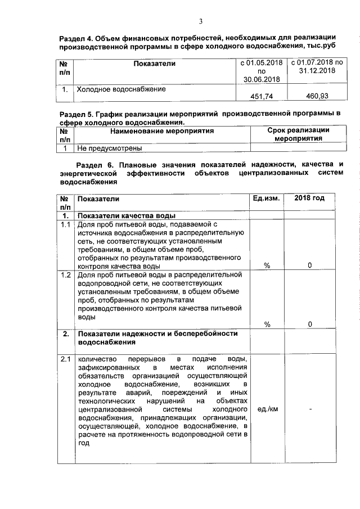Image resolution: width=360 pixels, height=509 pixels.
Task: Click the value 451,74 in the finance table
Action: click(262, 97)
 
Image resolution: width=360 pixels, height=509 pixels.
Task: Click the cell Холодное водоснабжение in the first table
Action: click(121, 89)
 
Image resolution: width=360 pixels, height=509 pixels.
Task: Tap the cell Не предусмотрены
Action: click(109, 148)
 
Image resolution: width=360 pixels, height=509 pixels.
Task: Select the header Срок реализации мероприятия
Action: click(298, 134)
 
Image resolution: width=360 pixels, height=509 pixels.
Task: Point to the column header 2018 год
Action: click(309, 199)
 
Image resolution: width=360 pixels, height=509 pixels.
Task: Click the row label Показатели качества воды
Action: click(127, 216)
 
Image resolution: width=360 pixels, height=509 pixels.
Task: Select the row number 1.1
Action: click(66, 225)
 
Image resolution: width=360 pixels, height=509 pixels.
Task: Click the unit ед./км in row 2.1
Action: click(267, 409)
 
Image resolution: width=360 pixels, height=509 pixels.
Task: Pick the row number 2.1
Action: click(66, 359)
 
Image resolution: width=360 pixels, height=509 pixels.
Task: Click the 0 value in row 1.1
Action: click(310, 265)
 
